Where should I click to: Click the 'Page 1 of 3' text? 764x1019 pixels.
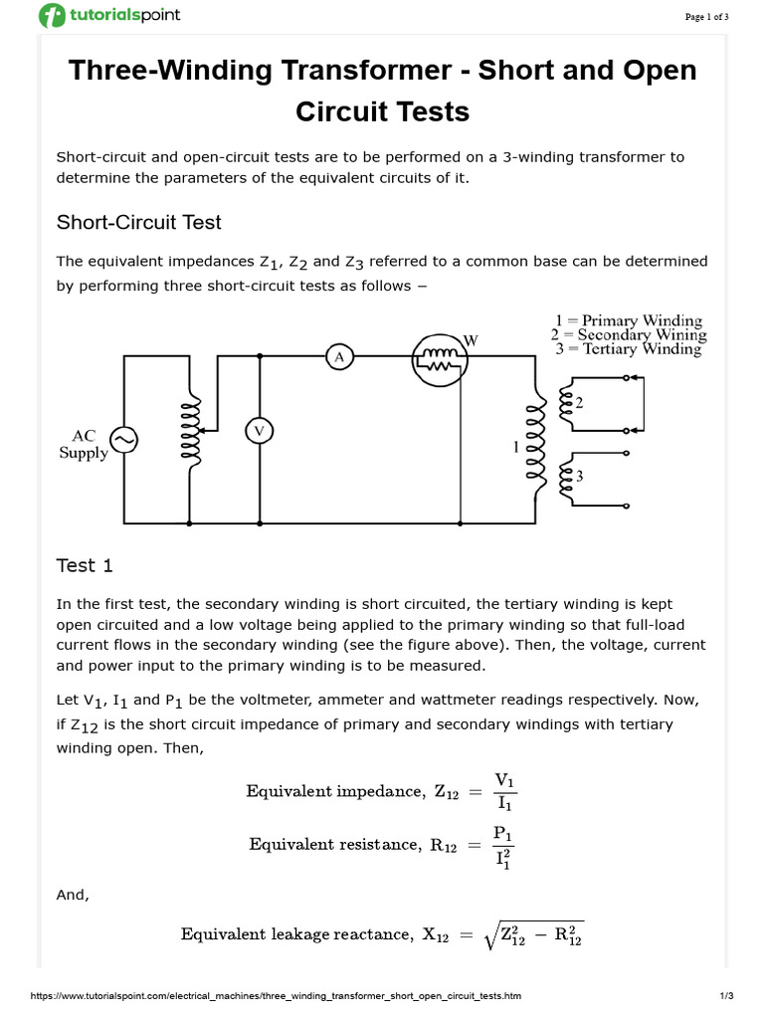click(706, 16)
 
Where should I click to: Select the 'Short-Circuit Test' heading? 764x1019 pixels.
click(138, 222)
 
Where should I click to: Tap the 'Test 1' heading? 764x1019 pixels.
click(85, 565)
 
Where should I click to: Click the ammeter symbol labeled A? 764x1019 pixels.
click(339, 355)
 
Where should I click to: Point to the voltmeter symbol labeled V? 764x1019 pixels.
click(260, 431)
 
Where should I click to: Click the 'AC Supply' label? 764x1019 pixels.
click(84, 445)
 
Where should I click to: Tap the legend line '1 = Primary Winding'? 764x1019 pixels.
click(628, 320)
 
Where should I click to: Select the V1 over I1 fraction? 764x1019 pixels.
click(504, 791)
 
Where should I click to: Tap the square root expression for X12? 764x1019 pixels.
click(531, 934)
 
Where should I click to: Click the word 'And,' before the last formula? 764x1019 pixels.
click(73, 895)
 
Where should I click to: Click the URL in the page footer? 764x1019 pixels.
click(276, 996)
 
